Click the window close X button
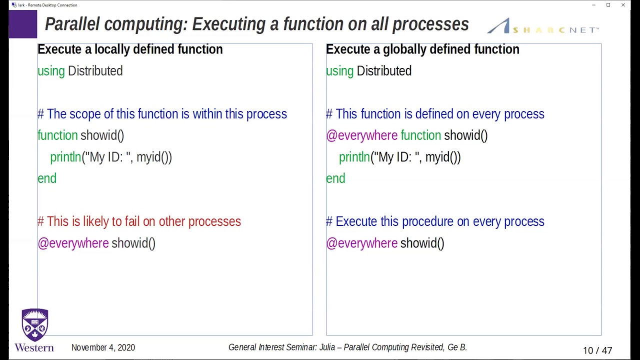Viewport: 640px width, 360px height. click(623, 5)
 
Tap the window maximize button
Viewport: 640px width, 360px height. click(608, 5)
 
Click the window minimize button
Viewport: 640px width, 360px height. click(593, 5)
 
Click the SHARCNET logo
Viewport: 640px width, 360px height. click(543, 27)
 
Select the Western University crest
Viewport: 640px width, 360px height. click(35, 325)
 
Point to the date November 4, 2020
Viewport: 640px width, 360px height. click(103, 347)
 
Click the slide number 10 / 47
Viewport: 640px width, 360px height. click(597, 350)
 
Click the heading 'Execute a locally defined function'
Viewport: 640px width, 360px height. click(130, 49)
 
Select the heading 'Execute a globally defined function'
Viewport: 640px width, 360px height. click(422, 49)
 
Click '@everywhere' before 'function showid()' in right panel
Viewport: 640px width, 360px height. click(361, 135)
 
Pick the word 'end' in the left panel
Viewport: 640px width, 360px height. click(47, 179)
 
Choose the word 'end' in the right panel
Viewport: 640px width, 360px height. click(335, 179)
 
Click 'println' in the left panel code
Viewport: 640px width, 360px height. click(65, 157)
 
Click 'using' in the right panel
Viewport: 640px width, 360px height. click(339, 71)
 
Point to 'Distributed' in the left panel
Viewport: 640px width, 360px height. click(95, 71)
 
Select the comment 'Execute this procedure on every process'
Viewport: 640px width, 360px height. click(435, 221)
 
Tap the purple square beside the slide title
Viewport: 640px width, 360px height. click(23, 24)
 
